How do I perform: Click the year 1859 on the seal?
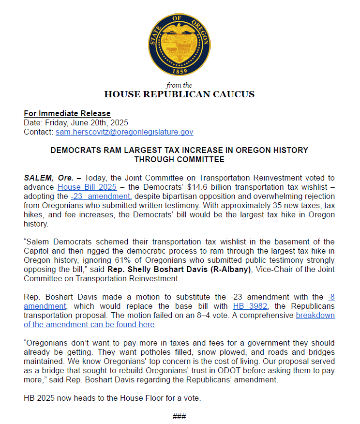point(180,71)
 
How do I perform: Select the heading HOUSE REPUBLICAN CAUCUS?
point(180,94)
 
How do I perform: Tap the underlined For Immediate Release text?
point(67,114)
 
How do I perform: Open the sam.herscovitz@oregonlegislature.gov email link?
point(124,132)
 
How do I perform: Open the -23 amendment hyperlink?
point(100,197)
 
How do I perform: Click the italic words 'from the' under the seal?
point(180,86)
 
